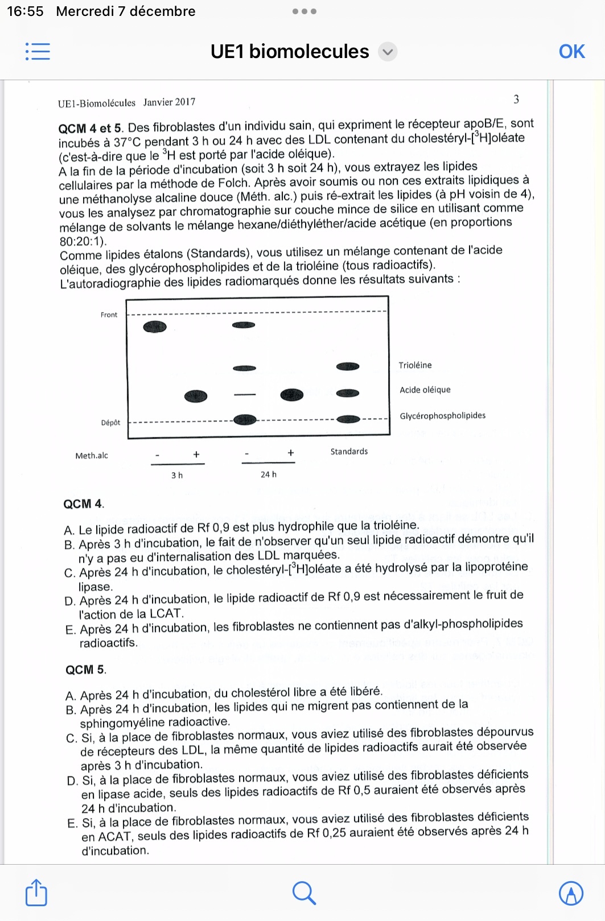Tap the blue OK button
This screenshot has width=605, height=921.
571,52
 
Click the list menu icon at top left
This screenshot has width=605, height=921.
38,52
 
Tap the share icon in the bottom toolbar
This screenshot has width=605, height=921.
36,893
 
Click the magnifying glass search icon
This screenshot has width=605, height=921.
304,893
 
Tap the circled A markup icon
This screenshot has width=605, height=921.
571,893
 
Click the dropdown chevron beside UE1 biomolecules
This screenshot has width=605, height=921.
388,52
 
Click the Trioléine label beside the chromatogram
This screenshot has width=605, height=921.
415,365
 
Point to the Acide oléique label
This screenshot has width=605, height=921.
425,390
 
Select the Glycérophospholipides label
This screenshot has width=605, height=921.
442,416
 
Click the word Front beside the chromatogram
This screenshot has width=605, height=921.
109,315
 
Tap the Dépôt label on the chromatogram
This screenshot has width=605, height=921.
110,423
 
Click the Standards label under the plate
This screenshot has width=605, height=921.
349,452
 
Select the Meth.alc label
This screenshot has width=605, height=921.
92,456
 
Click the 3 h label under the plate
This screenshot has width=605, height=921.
177,475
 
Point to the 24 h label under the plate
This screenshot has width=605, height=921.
269,474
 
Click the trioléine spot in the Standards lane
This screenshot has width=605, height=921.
348,366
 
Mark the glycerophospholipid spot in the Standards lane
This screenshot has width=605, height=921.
348,419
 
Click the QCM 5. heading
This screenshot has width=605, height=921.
86,670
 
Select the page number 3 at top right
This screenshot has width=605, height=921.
516,100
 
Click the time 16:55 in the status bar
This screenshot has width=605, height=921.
25,11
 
